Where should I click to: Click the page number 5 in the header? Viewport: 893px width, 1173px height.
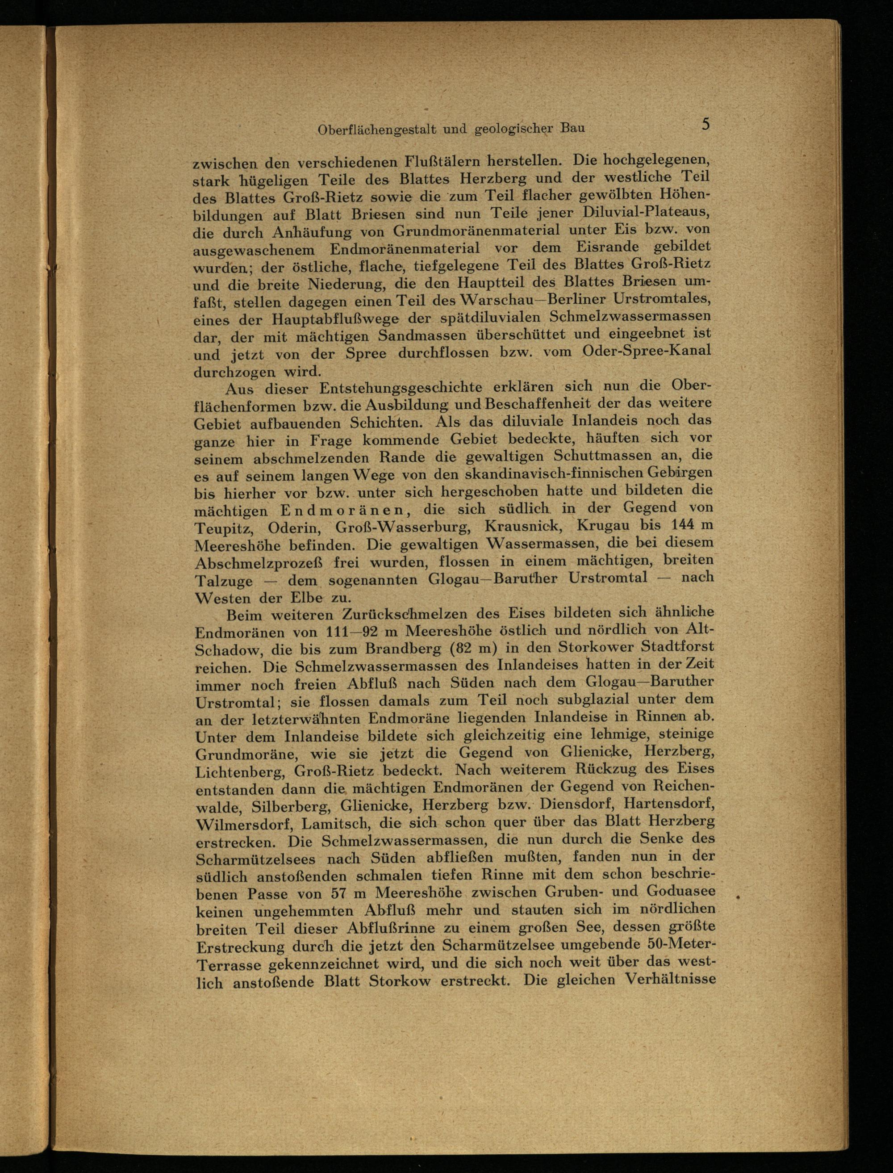[705, 125]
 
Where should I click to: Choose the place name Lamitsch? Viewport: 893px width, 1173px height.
[332, 824]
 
